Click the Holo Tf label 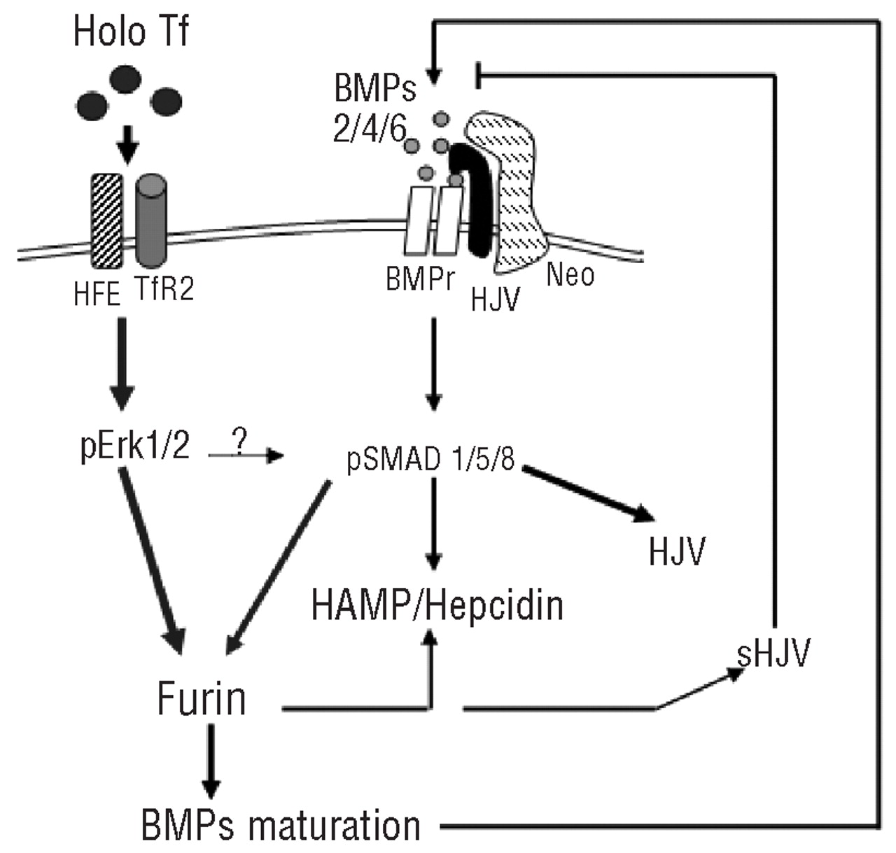pos(130,33)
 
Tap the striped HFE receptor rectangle pos(107,220)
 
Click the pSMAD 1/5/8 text pos(430,461)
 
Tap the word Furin pos(202,698)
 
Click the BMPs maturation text pos(281,826)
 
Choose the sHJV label pos(773,654)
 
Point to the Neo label pos(570,274)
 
